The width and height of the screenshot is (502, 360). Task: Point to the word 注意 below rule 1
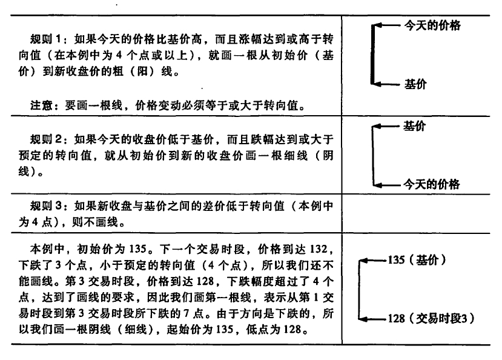(x=42, y=105)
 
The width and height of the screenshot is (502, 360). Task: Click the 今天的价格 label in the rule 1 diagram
(x=432, y=25)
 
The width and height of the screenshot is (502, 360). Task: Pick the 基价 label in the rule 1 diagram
(x=415, y=84)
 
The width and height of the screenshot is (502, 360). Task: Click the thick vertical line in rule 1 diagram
(x=372, y=55)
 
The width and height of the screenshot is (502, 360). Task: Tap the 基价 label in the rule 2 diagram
(x=415, y=126)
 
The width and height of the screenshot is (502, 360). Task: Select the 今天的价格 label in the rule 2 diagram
(x=431, y=184)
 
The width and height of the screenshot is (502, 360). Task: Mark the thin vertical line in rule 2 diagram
(x=373, y=156)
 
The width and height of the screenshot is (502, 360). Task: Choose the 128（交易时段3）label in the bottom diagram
(x=431, y=319)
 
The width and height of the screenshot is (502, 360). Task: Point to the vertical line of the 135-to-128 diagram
(x=360, y=290)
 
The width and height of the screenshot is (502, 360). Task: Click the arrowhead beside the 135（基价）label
(x=363, y=261)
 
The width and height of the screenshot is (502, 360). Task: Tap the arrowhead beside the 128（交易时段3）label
(x=363, y=319)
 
